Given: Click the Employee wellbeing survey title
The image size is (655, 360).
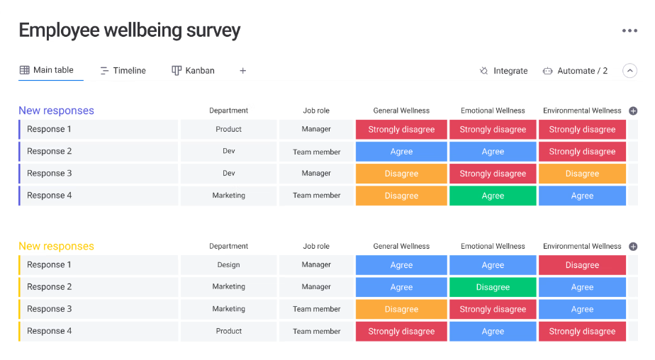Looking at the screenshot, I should pos(129,30).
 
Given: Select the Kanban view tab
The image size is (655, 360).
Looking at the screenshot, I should pos(193,71).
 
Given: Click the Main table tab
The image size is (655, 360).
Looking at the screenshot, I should pos(47,70).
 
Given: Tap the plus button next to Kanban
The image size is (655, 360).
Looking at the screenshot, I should pos(242,71).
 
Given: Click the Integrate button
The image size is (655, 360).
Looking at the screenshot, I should pos(503,71).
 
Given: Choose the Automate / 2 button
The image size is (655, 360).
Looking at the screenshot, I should pos(575,71).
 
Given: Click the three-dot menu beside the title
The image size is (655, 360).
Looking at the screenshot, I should pos(629,30).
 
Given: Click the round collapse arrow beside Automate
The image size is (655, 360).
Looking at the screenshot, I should pos(629,71).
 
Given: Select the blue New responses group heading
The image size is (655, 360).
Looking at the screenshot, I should pos(56,111).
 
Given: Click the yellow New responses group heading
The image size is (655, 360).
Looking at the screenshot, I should pos(56,247).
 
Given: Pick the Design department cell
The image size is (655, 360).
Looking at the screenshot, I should pos(228,265).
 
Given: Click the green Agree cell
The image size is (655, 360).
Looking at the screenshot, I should pos(493,196).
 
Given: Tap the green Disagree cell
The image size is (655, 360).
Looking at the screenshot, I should pos(493,287).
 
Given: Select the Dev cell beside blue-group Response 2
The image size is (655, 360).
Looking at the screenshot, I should pos(228,152).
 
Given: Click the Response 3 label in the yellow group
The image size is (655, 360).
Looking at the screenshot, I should pos(50,309).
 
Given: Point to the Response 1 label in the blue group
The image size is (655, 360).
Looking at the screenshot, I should pos(50,130).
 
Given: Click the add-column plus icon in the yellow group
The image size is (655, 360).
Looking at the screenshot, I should pos(633,247).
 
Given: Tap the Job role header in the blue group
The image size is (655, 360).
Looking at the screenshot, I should pos(316,111).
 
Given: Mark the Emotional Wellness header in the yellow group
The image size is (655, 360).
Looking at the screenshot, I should pos(493,247).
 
